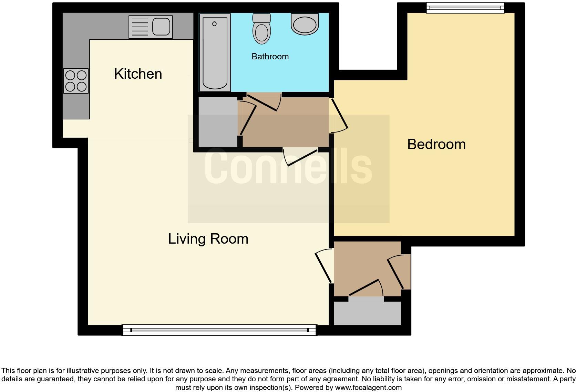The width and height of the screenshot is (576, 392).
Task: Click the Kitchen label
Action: pyautogui.click(x=138, y=74)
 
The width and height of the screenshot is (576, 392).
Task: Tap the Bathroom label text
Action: pyautogui.click(x=270, y=56)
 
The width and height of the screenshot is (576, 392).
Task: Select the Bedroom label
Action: pyautogui.click(x=436, y=144)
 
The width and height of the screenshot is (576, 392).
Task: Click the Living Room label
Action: pyautogui.click(x=208, y=239)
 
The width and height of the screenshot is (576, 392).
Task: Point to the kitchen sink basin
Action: pyautogui.click(x=161, y=27)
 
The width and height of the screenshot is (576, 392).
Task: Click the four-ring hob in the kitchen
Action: pyautogui.click(x=76, y=81)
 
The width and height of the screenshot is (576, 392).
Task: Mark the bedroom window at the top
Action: pyautogui.click(x=465, y=8)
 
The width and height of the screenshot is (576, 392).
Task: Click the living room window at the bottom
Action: pyautogui.click(x=219, y=330)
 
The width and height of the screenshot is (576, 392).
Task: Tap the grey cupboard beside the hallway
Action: pyautogui.click(x=218, y=122)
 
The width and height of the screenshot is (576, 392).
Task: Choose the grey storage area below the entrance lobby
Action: pyautogui.click(x=367, y=313)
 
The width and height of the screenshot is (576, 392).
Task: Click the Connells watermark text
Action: pyautogui.click(x=288, y=167)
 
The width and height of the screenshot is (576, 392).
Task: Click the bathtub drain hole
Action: pyautogui.click(x=214, y=24)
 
